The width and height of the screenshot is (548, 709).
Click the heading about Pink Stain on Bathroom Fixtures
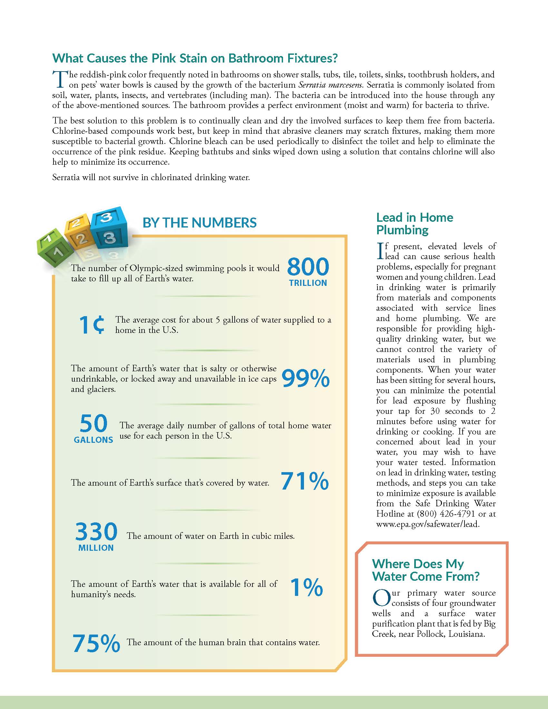pyautogui.click(x=195, y=58)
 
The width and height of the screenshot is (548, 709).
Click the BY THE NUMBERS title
pyautogui.click(x=200, y=223)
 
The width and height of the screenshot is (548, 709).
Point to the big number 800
pyautogui.click(x=308, y=267)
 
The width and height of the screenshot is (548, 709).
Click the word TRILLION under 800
pyautogui.click(x=308, y=283)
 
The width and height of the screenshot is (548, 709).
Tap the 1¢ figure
pyautogui.click(x=92, y=325)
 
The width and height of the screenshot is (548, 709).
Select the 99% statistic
pyautogui.click(x=305, y=379)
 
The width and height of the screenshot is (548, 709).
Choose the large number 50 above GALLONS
pyautogui.click(x=93, y=423)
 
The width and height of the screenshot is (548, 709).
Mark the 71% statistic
pyautogui.click(x=305, y=481)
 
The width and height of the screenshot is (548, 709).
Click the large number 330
pyautogui.click(x=96, y=531)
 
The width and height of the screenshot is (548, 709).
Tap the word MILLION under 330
pyautogui.click(x=96, y=548)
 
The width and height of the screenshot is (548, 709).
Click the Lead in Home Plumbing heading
pyautogui.click(x=415, y=223)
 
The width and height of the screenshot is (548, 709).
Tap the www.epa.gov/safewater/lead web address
pyautogui.click(x=427, y=524)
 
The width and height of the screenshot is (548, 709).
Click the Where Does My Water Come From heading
pyautogui.click(x=425, y=570)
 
